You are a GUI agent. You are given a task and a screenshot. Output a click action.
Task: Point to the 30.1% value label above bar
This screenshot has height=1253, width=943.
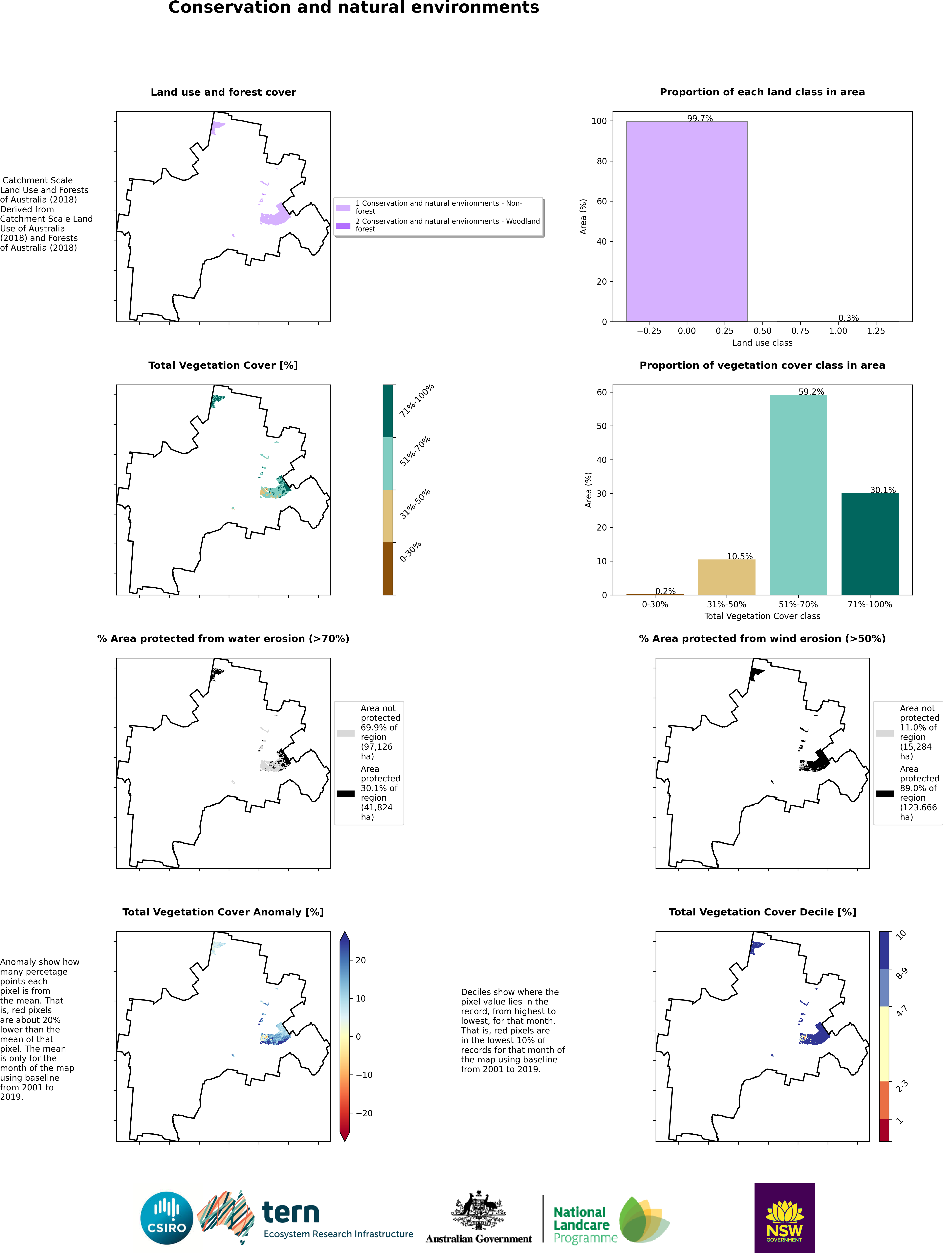(882, 490)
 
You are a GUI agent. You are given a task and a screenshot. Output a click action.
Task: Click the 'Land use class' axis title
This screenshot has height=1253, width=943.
(762, 343)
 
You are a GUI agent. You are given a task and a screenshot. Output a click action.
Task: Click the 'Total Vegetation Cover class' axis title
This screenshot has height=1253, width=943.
(762, 616)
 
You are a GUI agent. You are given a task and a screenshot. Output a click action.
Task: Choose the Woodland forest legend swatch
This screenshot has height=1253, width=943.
(343, 225)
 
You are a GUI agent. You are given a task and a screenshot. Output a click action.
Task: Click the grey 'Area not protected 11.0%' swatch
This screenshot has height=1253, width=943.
(885, 733)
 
